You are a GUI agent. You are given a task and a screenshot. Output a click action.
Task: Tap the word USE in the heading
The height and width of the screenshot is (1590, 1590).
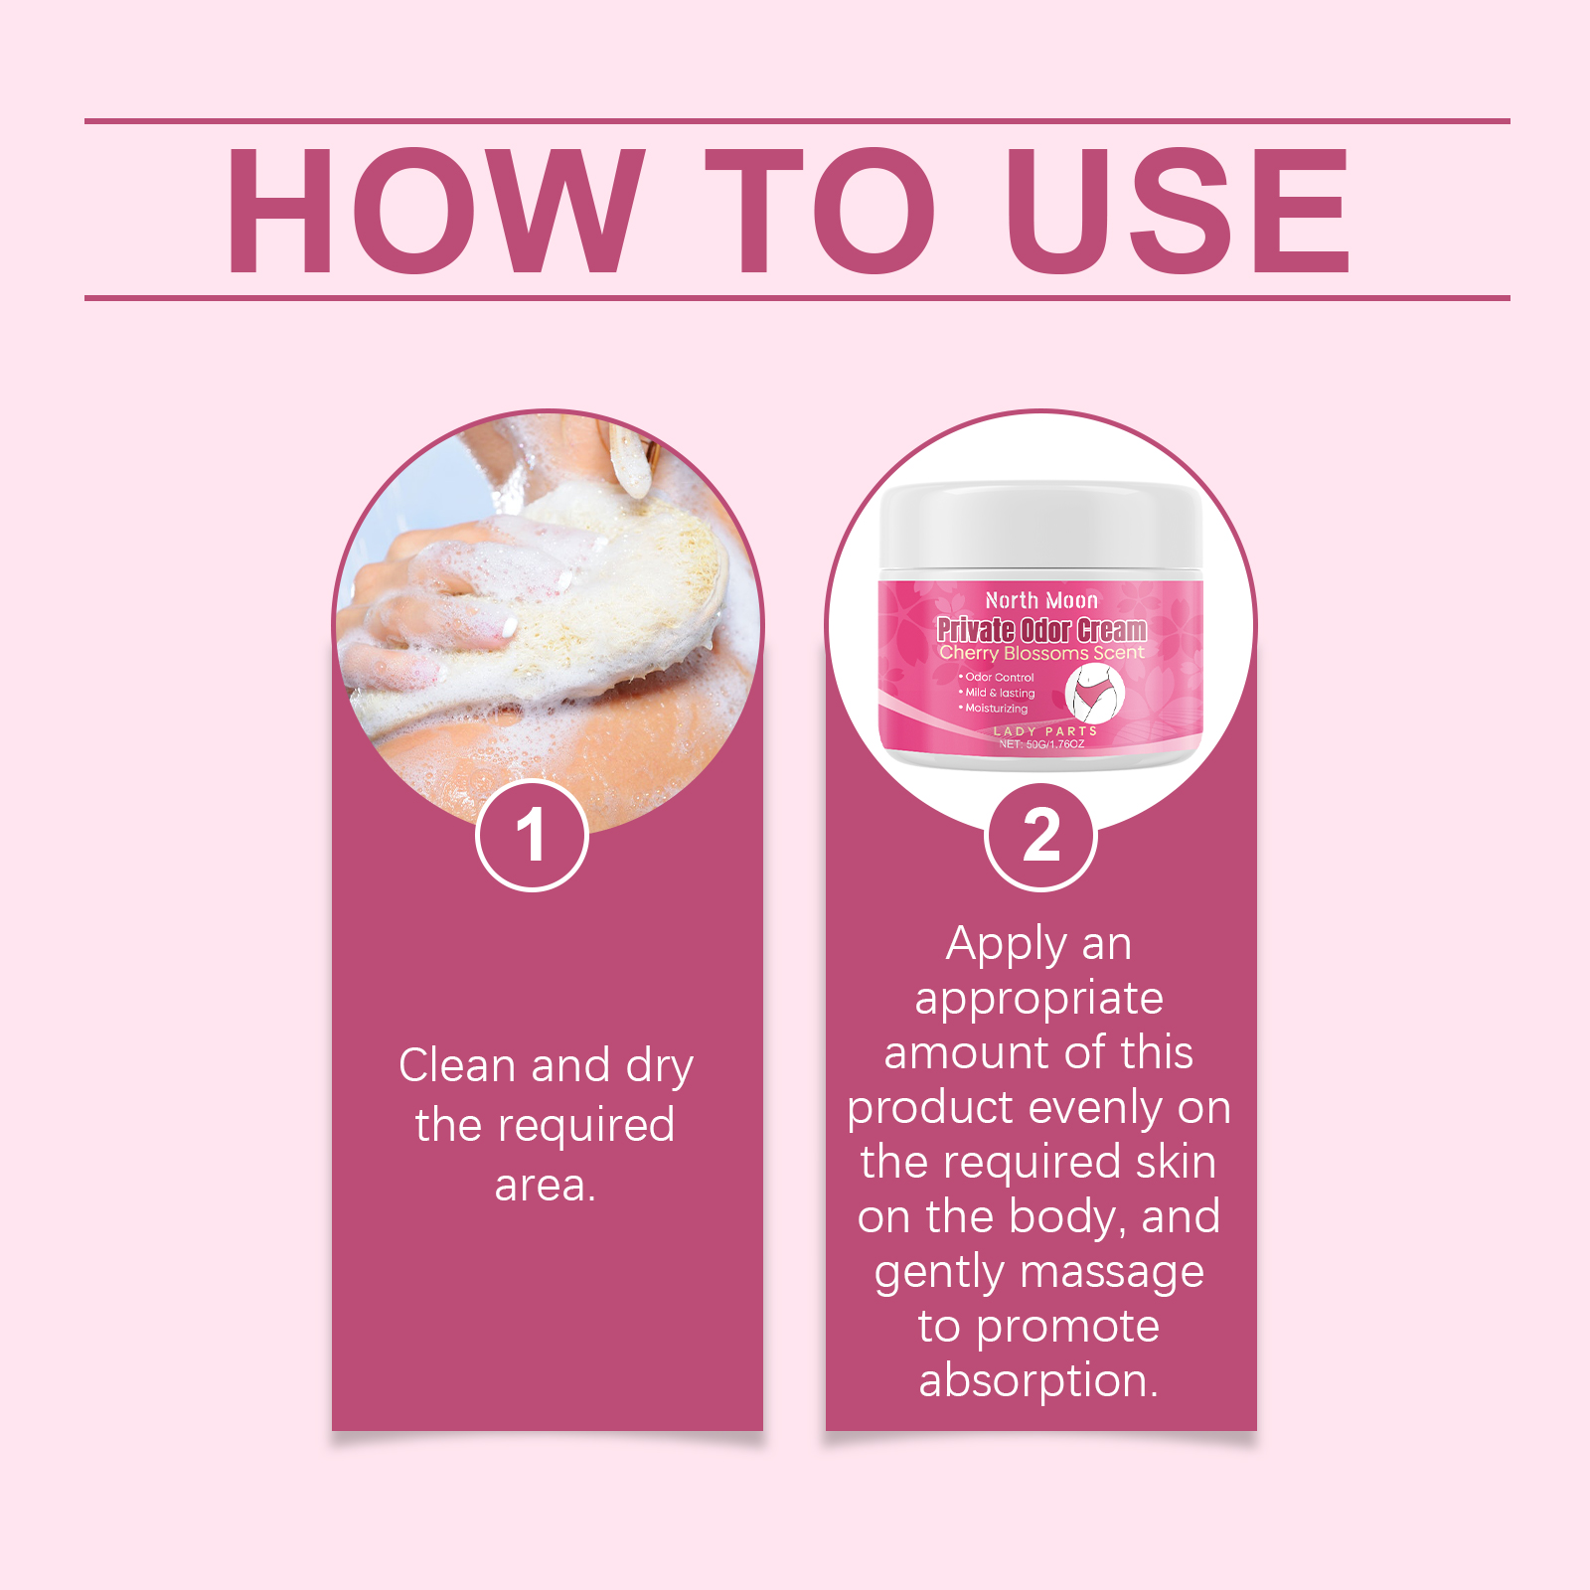[x=1179, y=211]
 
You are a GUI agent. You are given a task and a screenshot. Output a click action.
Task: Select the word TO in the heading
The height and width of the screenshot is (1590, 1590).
[x=820, y=211]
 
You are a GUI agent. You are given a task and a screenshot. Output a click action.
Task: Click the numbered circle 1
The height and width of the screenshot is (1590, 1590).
[x=532, y=836]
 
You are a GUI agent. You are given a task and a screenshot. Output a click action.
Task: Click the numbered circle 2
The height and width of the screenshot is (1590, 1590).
[x=1040, y=836]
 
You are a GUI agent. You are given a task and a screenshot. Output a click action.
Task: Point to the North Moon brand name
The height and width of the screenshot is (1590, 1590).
[x=1041, y=600]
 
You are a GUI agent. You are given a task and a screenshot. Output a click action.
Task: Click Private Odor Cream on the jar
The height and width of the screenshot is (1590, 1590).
[x=1041, y=629]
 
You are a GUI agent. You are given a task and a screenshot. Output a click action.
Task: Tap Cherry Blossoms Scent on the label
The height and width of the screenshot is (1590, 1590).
[x=1041, y=653]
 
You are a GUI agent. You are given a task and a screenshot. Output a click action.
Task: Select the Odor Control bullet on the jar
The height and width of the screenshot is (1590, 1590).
[x=997, y=678]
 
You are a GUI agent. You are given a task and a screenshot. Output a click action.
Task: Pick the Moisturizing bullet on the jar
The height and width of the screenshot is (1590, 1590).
[x=994, y=709]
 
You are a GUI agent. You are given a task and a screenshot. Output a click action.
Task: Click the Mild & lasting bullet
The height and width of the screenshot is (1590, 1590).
[x=997, y=693]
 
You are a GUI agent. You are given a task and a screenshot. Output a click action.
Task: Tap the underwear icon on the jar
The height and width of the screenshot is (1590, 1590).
[x=1095, y=692]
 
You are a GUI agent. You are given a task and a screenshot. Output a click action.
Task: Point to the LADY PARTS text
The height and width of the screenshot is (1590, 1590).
[x=1045, y=730]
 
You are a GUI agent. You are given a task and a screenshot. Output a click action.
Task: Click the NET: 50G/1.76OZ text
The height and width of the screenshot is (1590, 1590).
[x=1041, y=743]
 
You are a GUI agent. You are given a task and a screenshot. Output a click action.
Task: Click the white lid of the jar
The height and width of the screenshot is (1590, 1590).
[x=1040, y=528]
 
